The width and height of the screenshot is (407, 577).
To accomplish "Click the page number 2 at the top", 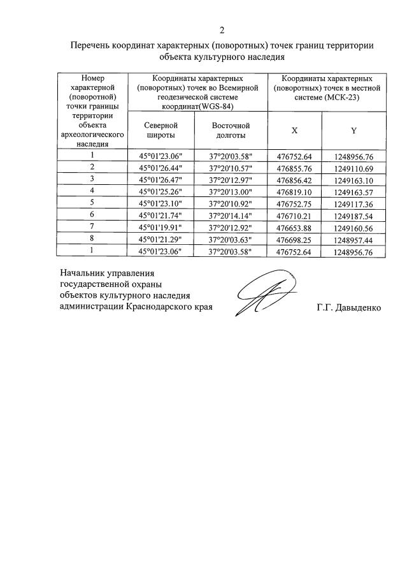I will pyautogui.click(x=222, y=30).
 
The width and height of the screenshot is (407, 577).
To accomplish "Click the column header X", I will pyautogui.click(x=294, y=130).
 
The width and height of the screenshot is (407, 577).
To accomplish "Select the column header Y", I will pyautogui.click(x=353, y=130).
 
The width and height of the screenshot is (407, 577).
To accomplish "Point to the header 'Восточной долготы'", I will pyautogui.click(x=231, y=130).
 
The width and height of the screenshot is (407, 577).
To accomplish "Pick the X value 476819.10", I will pyautogui.click(x=294, y=191).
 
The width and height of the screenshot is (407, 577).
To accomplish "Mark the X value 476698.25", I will pyautogui.click(x=294, y=240).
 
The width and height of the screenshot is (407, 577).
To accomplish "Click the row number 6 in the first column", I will pyautogui.click(x=92, y=215).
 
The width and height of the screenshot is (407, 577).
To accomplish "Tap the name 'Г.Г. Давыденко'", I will pyautogui.click(x=349, y=307).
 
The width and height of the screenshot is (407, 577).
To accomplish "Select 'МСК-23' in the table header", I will pyautogui.click(x=347, y=97).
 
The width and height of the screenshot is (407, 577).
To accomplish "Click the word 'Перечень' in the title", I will pyautogui.click(x=90, y=45).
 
